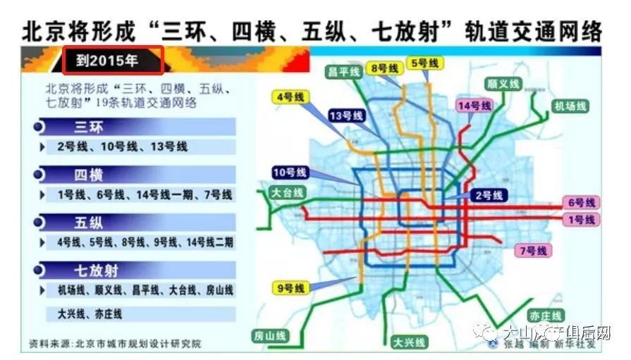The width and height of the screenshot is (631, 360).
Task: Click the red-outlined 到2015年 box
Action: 114,61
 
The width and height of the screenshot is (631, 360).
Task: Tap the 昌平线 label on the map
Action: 344,72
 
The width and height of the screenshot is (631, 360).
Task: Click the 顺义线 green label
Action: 503,85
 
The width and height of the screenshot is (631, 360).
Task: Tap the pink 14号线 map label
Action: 473,106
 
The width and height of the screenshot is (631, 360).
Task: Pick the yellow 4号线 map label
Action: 289,98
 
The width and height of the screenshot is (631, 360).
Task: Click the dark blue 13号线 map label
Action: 346,116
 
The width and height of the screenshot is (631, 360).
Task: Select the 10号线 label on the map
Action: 290,173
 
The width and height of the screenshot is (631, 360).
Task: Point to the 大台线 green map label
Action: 287,192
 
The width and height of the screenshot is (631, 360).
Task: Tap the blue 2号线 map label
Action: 487,195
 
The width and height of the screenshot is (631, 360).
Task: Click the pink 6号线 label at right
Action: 581,203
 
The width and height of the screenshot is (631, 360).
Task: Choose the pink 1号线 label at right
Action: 581,219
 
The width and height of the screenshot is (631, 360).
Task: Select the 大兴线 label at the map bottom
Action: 410,342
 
